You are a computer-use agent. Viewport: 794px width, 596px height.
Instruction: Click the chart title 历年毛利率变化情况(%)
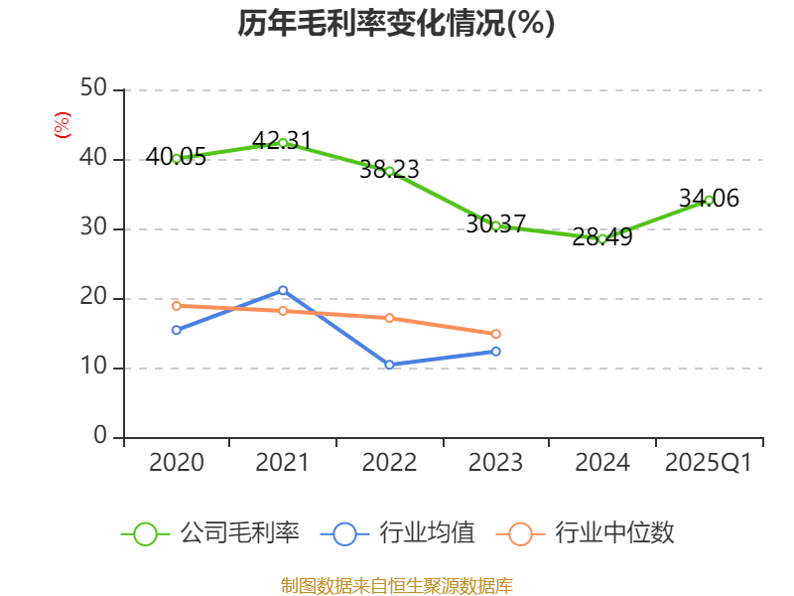click(x=396, y=23)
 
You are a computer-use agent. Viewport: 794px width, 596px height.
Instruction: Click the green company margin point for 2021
click(x=283, y=143)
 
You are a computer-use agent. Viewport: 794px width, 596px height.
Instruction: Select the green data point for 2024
click(x=602, y=238)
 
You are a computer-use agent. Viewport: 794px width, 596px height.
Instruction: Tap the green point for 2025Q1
click(x=709, y=200)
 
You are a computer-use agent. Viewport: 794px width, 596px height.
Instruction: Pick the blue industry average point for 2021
click(x=283, y=290)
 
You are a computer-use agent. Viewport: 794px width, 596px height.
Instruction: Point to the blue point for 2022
click(x=389, y=365)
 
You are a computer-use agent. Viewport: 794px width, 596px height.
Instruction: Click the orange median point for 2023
click(x=496, y=334)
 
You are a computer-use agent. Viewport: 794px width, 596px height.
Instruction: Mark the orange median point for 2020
click(x=177, y=305)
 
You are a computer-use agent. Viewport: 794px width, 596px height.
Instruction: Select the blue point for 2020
click(x=177, y=330)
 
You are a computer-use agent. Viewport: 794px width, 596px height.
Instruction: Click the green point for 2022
click(x=389, y=171)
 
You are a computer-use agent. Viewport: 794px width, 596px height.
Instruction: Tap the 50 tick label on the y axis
click(x=94, y=89)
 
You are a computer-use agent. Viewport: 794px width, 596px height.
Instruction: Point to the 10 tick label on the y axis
click(x=94, y=368)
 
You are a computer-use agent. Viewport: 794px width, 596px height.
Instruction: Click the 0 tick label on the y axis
click(x=101, y=437)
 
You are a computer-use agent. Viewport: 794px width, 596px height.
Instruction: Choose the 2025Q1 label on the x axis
click(x=709, y=463)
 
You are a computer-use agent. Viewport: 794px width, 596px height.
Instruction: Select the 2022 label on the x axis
click(x=389, y=463)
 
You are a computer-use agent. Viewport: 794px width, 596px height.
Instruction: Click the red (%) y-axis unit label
click(x=63, y=125)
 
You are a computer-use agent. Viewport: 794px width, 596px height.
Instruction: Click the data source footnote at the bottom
click(x=396, y=585)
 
